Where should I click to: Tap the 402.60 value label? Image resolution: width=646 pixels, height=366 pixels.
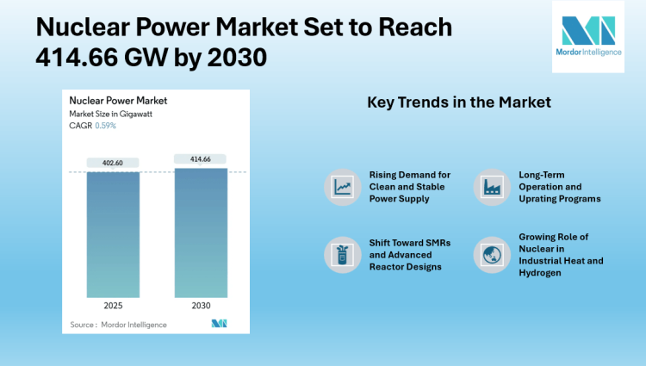tap(113, 163)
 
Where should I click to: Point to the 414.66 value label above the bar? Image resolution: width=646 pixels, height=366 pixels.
tap(200, 158)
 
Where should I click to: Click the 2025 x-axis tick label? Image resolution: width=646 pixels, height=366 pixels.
tap(113, 304)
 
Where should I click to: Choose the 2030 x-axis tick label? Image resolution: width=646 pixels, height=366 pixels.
tap(200, 304)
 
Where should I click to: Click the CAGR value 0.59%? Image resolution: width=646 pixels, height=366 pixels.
tap(105, 126)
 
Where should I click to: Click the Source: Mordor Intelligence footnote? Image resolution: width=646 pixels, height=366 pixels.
tap(119, 324)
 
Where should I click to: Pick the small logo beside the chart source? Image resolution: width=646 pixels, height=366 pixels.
tap(218, 324)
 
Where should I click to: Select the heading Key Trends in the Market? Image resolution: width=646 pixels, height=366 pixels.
tap(459, 103)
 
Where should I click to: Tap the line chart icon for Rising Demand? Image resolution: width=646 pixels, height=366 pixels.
tap(343, 186)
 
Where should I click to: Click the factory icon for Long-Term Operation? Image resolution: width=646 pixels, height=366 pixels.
tap(493, 186)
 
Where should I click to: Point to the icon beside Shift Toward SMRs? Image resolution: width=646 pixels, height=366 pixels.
tap(343, 254)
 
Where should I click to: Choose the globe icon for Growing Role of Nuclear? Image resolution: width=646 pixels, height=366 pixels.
tap(493, 254)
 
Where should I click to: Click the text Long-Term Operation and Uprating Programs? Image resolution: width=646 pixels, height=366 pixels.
tap(559, 187)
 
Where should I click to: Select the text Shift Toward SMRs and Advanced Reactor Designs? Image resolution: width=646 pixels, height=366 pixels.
tap(410, 254)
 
